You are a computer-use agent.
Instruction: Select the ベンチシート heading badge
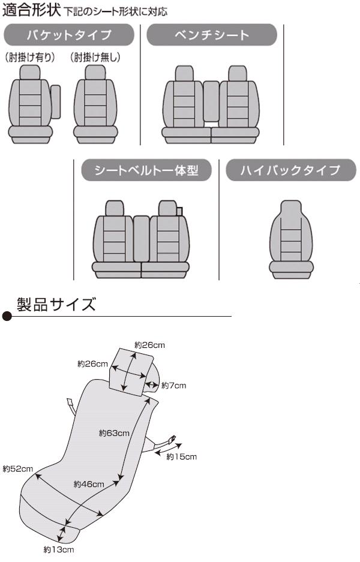(x=212, y=35)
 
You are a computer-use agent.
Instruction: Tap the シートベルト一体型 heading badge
(x=146, y=171)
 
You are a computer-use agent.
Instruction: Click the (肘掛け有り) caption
(x=30, y=58)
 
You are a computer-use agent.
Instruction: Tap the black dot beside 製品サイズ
(x=7, y=317)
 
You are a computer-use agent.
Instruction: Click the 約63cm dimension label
(x=114, y=432)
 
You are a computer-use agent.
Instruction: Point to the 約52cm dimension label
(x=17, y=468)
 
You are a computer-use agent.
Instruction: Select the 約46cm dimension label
(x=89, y=483)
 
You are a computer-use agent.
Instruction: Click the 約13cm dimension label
(x=58, y=549)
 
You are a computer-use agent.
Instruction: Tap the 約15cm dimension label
(x=181, y=457)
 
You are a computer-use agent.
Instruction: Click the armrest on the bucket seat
(x=56, y=103)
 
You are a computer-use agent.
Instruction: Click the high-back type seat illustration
(x=291, y=240)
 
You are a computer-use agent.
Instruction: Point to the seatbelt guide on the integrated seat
(x=179, y=210)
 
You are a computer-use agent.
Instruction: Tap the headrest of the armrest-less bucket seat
(x=95, y=73)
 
